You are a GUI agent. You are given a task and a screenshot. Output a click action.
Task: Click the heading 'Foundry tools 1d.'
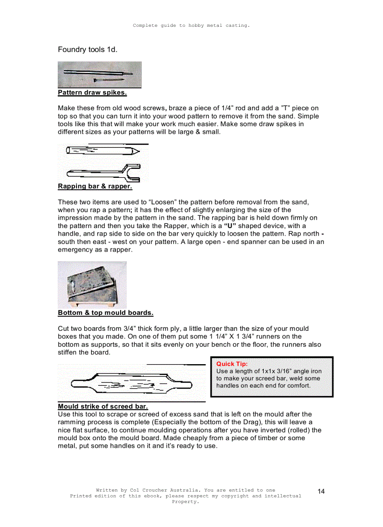87,50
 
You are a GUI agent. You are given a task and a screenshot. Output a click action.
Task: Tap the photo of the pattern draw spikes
100,75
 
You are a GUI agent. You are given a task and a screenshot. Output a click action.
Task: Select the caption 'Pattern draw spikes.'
92,92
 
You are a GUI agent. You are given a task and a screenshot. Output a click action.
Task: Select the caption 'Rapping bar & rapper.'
95,186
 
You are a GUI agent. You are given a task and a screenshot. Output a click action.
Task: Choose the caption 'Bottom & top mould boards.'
105,313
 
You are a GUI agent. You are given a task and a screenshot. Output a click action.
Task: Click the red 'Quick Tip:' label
232,364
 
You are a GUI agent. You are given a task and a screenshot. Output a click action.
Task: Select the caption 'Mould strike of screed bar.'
103,406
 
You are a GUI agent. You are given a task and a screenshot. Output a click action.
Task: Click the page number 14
321,491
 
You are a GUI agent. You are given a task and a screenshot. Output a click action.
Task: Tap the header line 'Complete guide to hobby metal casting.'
191,25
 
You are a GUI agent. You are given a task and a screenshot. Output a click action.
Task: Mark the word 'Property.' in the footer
185,502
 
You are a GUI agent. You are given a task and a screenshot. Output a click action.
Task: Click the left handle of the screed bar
80,385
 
